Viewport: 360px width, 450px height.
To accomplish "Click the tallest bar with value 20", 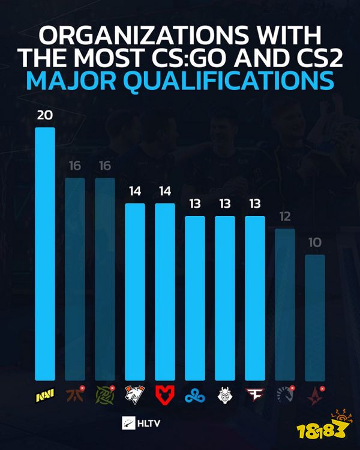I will [45, 252].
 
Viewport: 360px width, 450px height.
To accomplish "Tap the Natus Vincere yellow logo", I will [45, 397].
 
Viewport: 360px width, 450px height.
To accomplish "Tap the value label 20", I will [45, 115].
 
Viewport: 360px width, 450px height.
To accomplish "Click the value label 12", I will [285, 217].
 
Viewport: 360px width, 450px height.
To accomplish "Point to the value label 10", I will [315, 243].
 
